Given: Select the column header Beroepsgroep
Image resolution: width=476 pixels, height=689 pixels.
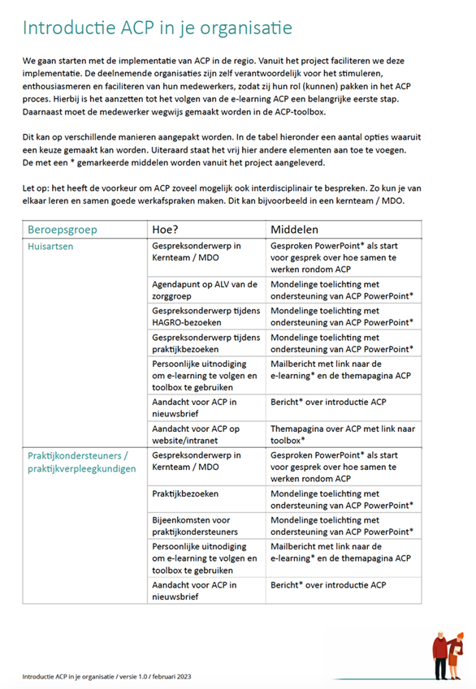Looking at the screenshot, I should (x=63, y=230).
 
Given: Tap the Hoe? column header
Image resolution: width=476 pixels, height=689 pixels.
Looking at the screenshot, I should (x=167, y=230).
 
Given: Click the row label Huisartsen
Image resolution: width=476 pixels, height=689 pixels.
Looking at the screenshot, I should (x=53, y=247).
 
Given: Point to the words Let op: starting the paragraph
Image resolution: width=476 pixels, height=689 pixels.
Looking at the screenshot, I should (x=37, y=188).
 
